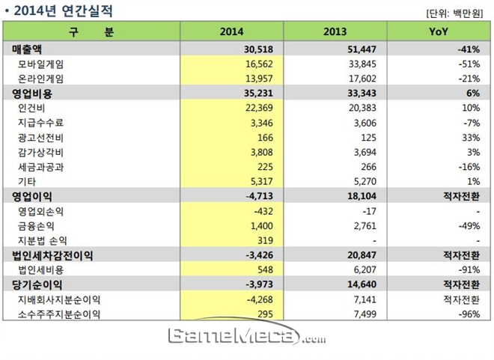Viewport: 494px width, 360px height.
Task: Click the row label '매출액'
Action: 27,50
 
